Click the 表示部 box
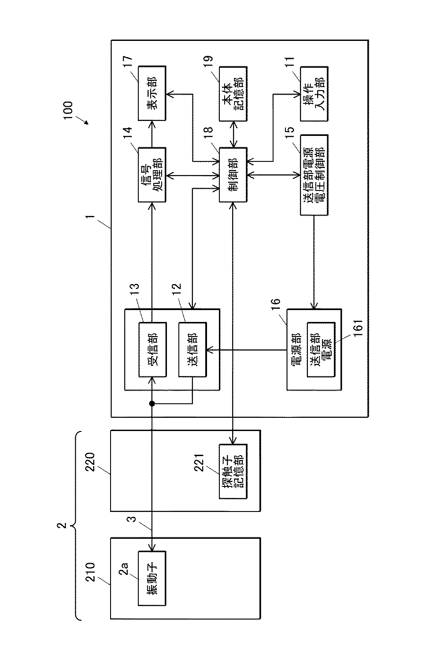click(x=152, y=94)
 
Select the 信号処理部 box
click(x=152, y=175)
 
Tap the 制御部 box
click(x=233, y=175)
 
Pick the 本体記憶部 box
click(x=233, y=94)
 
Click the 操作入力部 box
click(x=314, y=94)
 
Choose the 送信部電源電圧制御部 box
click(x=314, y=175)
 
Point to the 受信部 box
click(x=152, y=349)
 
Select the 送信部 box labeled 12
click(x=192, y=349)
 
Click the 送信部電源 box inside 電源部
click(x=321, y=349)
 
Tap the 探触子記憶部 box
click(x=233, y=471)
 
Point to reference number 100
click(x=68, y=110)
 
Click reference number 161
click(x=359, y=328)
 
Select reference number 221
click(x=199, y=463)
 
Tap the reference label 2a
click(x=124, y=569)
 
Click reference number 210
click(x=90, y=572)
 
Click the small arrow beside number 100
click(x=82, y=120)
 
